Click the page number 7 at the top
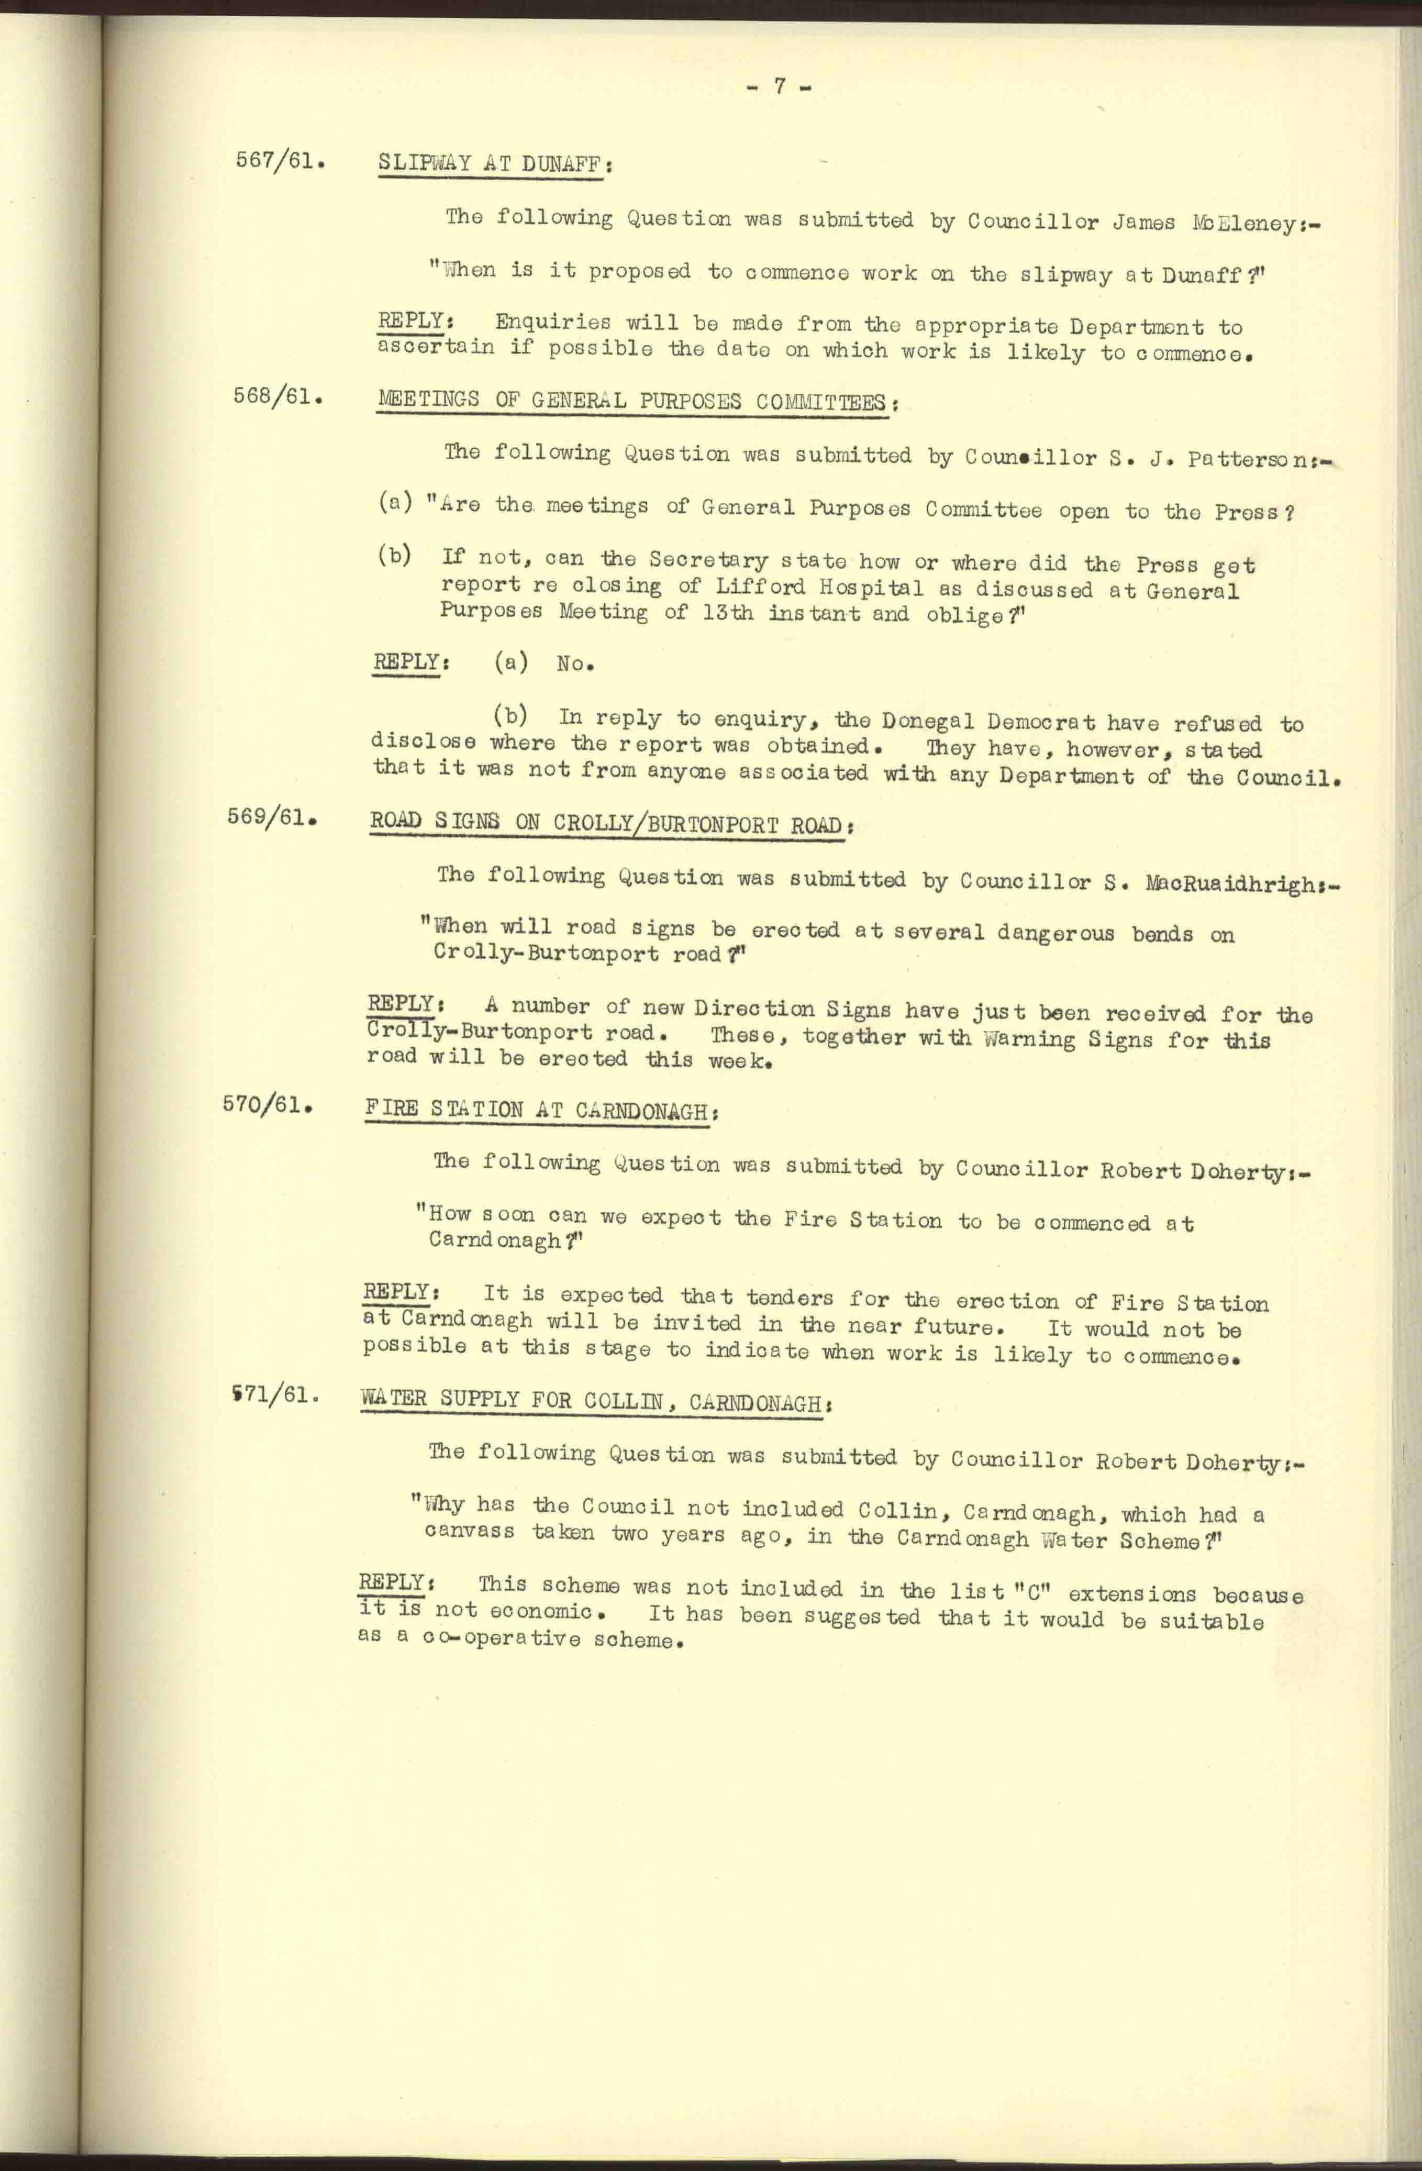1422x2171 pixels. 780,86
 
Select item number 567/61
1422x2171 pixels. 280,161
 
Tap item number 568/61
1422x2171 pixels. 278,398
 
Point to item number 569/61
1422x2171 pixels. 272,817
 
